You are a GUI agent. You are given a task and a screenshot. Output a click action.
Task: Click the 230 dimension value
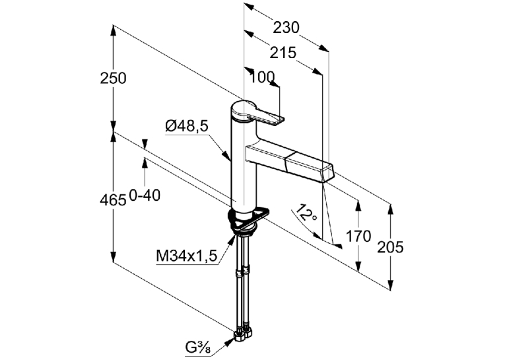pyautogui.click(x=286, y=28)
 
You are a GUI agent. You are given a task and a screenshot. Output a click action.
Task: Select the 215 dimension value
pyautogui.click(x=283, y=53)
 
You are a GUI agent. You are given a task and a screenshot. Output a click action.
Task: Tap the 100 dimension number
pyautogui.click(x=262, y=77)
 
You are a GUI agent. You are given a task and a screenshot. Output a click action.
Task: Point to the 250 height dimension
pyautogui.click(x=113, y=79)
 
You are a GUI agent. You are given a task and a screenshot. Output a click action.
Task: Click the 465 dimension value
pyautogui.click(x=113, y=200)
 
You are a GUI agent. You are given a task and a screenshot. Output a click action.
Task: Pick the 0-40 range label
pyautogui.click(x=145, y=196)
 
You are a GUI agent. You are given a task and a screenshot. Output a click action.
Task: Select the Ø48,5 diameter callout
pyautogui.click(x=187, y=126)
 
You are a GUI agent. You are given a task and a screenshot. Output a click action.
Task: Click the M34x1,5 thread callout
pyautogui.click(x=187, y=256)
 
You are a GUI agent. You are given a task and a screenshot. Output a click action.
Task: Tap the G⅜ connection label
pyautogui.click(x=198, y=347)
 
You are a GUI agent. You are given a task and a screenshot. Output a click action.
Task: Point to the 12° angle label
pyautogui.click(x=306, y=213)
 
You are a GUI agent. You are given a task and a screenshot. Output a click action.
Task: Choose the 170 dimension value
pyautogui.click(x=358, y=236)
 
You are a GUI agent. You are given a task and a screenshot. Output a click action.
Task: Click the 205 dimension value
pyautogui.click(x=390, y=247)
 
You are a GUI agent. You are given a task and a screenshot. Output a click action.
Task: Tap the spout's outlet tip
pyautogui.click(x=328, y=174)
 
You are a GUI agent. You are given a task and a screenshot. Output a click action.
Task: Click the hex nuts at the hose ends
pyautogui.click(x=244, y=334)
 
